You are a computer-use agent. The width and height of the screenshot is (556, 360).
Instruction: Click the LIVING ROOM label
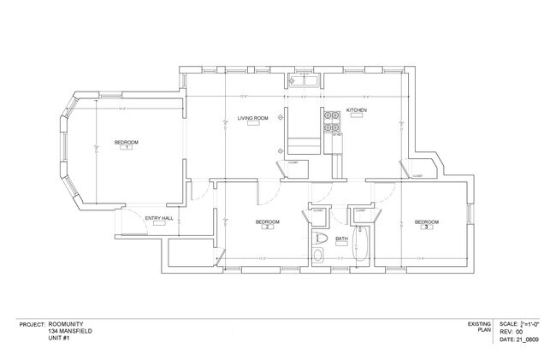tap(253, 118)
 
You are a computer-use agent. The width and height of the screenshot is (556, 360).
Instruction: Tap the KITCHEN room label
tap(357, 111)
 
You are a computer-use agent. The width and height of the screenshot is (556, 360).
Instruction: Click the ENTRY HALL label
tap(159, 217)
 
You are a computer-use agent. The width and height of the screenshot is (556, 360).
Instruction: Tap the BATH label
tap(341, 239)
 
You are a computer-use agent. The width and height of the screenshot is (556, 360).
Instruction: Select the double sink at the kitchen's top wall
tap(304, 82)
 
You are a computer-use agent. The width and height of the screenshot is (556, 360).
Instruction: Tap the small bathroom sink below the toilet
tap(319, 256)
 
